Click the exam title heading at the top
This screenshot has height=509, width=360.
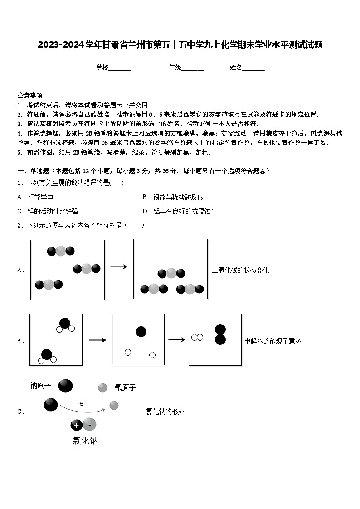[x=180, y=45]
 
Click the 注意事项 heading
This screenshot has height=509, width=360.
[x=30, y=96]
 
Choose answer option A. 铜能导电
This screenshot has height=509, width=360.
[x=35, y=197]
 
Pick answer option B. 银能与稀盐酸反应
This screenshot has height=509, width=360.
[x=173, y=197]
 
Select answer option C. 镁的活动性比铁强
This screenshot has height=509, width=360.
[x=47, y=211]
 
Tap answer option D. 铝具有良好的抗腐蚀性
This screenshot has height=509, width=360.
[x=179, y=211]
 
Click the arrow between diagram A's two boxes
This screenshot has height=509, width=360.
[x=119, y=267]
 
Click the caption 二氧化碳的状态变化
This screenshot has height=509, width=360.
[x=240, y=271]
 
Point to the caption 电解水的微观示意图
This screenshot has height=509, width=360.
[x=273, y=341]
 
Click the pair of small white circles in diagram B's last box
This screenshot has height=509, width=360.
[x=197, y=337]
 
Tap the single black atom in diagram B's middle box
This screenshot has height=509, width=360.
[x=141, y=332]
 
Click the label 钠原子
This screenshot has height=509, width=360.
[x=41, y=386]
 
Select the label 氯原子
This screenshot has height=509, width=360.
[x=125, y=388]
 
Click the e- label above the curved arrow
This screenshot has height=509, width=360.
[x=82, y=403]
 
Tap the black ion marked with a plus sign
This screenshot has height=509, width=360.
[x=76, y=425]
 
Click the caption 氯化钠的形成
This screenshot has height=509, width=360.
[x=165, y=412]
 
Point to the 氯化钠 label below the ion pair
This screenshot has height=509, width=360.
[x=85, y=441]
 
